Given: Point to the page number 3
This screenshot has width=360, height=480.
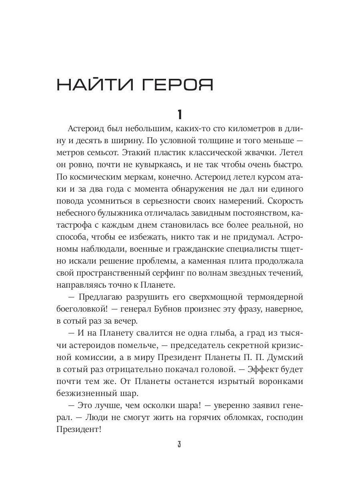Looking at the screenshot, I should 180,445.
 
